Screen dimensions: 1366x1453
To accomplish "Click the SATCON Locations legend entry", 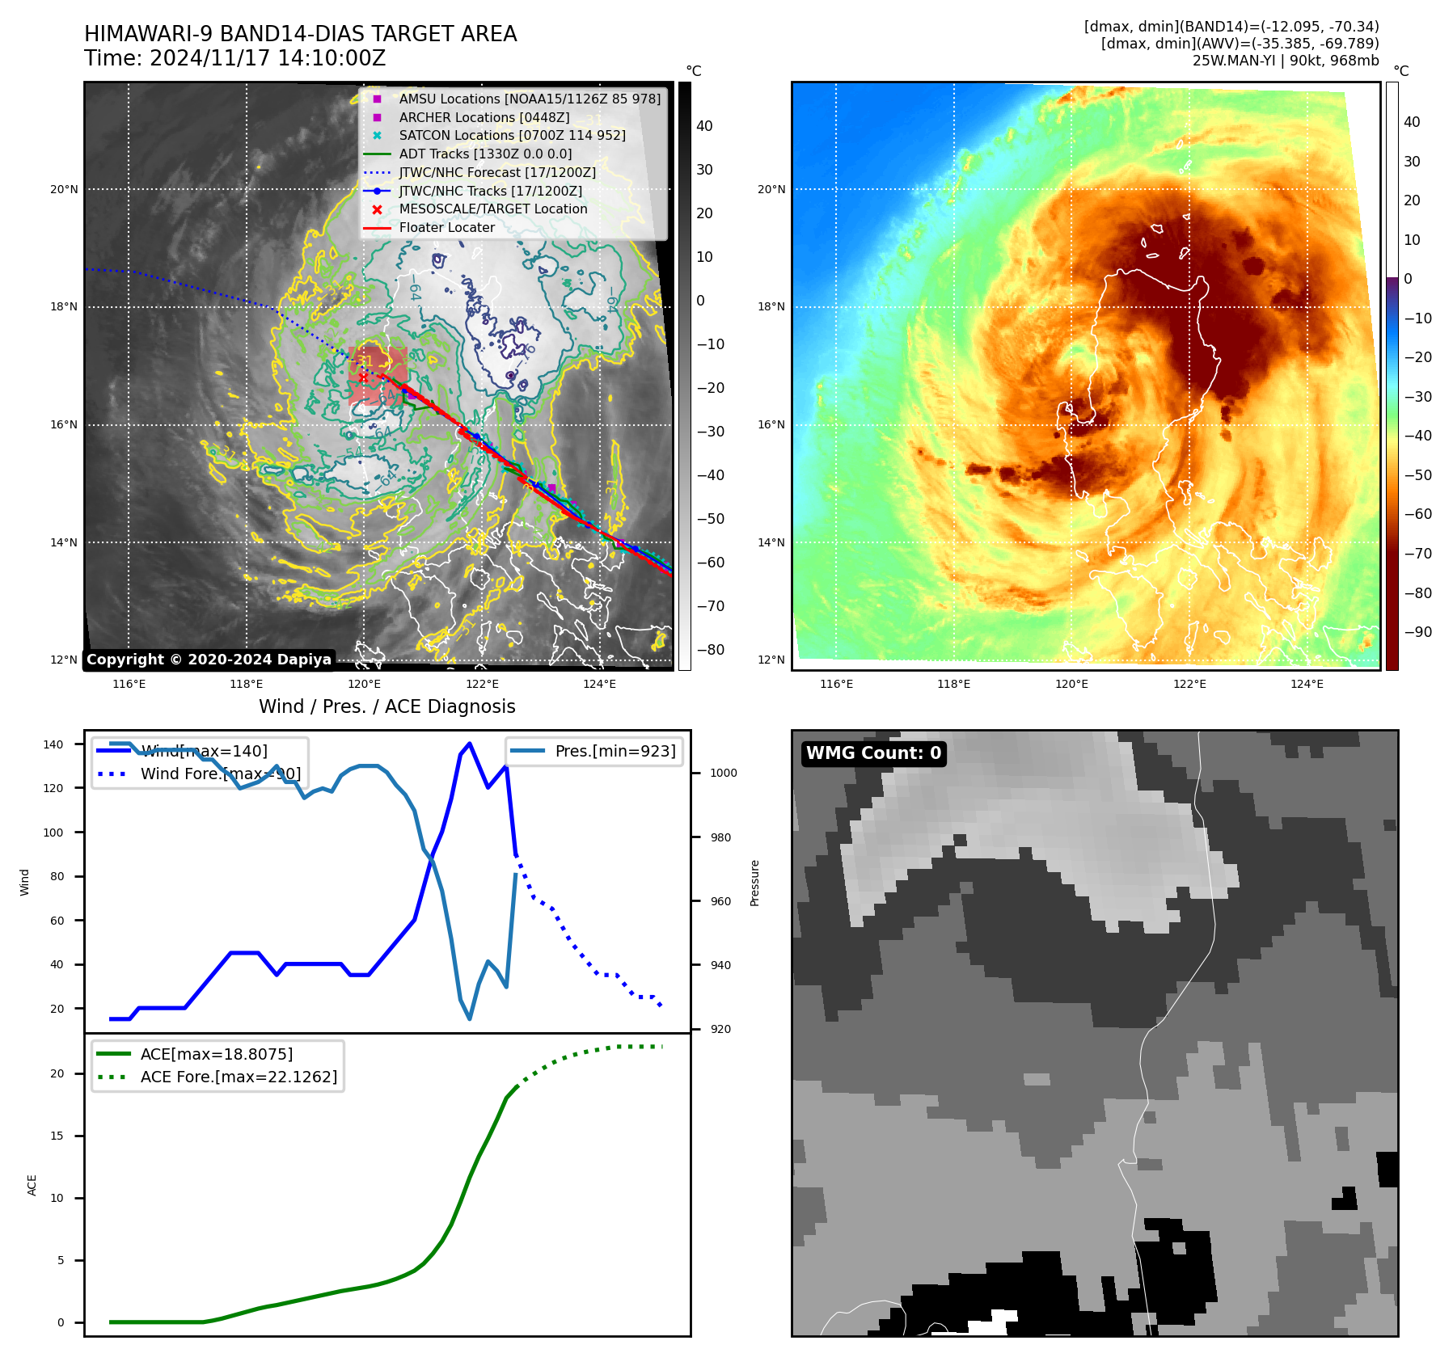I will [x=512, y=135].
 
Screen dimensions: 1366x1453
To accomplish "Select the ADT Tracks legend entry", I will [x=485, y=154].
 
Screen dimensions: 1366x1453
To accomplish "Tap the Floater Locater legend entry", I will [x=446, y=227].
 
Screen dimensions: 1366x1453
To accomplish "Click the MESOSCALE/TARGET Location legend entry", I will [x=492, y=209].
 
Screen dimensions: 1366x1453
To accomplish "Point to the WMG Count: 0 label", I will [x=873, y=753].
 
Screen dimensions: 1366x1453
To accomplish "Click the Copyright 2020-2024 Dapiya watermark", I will [x=209, y=660].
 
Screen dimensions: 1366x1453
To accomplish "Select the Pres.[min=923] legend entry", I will [x=615, y=751].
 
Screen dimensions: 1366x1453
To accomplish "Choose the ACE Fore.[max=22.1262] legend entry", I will [x=239, y=1077].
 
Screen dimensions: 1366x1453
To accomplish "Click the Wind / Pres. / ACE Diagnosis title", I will [x=386, y=706].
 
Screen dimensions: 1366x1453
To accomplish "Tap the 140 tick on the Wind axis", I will [x=53, y=744].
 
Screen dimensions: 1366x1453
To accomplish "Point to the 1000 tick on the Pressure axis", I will [x=724, y=773].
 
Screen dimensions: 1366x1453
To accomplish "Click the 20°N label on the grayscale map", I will [x=64, y=190].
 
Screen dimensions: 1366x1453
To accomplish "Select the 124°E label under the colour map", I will [x=1307, y=684].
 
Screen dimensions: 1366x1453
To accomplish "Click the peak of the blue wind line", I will [x=470, y=744].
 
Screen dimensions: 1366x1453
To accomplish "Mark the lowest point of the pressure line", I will [x=470, y=1018].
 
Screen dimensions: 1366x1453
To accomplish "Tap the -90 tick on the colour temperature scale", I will [x=1417, y=632].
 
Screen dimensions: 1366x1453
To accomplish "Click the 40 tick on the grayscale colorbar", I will [x=704, y=126].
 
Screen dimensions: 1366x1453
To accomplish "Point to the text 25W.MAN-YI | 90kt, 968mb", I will [x=1286, y=61].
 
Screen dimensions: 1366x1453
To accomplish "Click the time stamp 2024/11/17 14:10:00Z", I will [x=268, y=59].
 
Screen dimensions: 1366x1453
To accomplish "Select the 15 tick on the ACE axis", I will [x=57, y=1136].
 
